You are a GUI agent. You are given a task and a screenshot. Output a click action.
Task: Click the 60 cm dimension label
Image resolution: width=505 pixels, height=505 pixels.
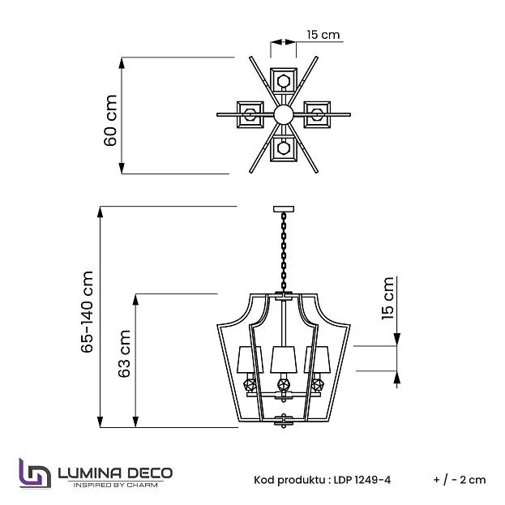click(110, 121)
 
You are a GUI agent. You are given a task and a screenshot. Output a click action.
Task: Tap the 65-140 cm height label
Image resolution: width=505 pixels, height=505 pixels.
click(87, 312)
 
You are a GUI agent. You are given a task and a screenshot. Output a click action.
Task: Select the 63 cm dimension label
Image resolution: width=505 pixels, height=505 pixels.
click(124, 353)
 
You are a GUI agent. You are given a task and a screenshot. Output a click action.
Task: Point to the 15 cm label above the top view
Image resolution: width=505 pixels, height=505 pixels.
click(323, 35)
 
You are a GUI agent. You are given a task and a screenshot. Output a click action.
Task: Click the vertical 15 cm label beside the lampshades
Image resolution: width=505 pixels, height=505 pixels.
click(387, 298)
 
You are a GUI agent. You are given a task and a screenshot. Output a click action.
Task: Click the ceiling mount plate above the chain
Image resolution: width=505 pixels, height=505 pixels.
click(284, 209)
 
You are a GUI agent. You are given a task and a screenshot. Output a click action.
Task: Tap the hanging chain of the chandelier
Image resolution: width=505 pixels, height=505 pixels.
click(284, 251)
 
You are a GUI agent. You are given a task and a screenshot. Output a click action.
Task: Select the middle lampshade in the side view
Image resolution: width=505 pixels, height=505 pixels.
click(284, 360)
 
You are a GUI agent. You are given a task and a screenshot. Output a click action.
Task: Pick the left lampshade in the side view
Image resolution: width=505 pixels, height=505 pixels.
click(250, 360)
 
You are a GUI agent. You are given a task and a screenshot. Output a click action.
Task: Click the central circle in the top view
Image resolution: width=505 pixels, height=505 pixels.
click(284, 114)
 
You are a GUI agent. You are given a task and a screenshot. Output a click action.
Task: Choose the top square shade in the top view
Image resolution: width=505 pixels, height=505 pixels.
click(284, 80)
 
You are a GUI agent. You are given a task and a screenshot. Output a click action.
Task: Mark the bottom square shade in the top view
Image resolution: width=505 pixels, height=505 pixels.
click(284, 148)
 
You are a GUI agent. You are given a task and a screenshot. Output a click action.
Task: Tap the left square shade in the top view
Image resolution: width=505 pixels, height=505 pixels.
click(250, 114)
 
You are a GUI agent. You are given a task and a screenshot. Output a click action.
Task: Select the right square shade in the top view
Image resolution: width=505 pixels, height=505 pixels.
click(317, 114)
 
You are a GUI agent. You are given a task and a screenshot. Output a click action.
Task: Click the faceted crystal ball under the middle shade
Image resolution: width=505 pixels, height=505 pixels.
click(284, 385)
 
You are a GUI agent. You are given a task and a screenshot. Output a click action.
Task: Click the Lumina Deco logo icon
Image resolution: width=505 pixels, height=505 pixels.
click(35, 473)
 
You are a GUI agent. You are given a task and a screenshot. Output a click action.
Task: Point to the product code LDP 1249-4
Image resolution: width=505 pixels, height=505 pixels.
click(362, 480)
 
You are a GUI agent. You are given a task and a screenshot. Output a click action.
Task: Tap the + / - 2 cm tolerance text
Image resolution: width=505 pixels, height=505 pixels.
click(460, 480)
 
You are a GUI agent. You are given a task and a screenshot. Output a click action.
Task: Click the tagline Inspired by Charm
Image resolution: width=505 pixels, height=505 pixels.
click(116, 485)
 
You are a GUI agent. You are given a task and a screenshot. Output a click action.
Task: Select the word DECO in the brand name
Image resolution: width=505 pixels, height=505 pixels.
click(149, 473)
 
